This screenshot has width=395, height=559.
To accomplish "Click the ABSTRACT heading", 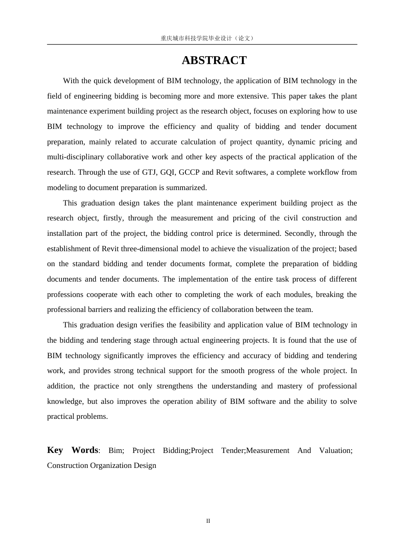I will pyautogui.click(x=214, y=60).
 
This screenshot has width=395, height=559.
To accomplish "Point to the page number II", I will pyautogui.click(x=208, y=521).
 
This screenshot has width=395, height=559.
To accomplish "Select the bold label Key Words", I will pyautogui.click(x=73, y=450).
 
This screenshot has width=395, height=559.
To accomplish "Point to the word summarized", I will pyautogui.click(x=186, y=188).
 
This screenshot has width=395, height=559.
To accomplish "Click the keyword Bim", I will pyautogui.click(x=116, y=450).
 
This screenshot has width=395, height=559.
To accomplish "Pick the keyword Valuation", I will pyautogui.click(x=336, y=450).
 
